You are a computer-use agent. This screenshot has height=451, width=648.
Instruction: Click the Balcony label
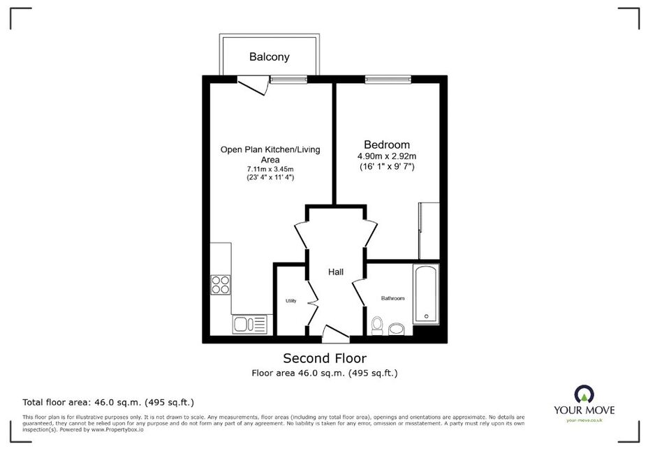(x=269, y=57)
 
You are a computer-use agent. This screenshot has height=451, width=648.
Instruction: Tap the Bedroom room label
(x=387, y=145)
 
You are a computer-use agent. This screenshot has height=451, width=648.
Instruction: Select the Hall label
(x=336, y=272)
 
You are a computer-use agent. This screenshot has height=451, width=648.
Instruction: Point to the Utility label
(x=291, y=301)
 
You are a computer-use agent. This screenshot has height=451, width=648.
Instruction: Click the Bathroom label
(x=392, y=298)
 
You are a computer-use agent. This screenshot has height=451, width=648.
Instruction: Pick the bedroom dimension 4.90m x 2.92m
(x=387, y=156)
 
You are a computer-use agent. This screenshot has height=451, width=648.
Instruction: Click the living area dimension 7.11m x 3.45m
(x=270, y=169)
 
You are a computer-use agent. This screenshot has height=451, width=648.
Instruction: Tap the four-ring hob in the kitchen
(x=221, y=285)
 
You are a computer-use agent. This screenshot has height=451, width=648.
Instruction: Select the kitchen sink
(x=249, y=324)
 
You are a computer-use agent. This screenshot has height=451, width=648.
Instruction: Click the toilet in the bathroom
(x=377, y=325)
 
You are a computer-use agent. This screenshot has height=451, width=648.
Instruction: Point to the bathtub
(x=426, y=294)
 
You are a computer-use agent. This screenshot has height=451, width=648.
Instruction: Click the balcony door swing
(x=253, y=86)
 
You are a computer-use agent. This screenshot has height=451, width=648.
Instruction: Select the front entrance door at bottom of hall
(x=335, y=334)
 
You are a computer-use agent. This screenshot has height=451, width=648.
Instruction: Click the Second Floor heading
(x=325, y=357)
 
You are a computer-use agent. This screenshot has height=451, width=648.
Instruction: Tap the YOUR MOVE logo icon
(x=584, y=394)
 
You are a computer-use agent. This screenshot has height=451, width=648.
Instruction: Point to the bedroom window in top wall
(x=388, y=80)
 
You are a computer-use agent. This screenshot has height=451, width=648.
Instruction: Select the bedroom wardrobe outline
(x=429, y=230)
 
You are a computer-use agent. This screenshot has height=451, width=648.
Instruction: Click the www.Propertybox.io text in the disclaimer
(x=117, y=429)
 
